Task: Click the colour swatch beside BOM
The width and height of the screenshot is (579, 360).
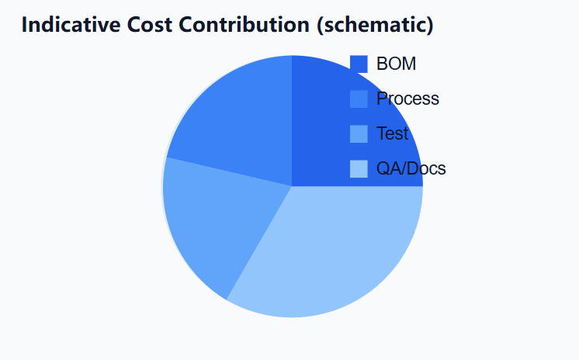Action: pyautogui.click(x=359, y=64)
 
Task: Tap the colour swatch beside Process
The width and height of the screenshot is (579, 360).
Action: pyautogui.click(x=359, y=99)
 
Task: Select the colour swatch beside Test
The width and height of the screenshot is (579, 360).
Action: pyautogui.click(x=359, y=133)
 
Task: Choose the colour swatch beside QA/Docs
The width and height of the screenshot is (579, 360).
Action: pyautogui.click(x=359, y=168)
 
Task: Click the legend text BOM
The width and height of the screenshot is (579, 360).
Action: pyautogui.click(x=396, y=64)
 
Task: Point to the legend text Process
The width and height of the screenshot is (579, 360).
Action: pyautogui.click(x=407, y=99)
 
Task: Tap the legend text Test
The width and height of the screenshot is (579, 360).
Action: pyautogui.click(x=392, y=133)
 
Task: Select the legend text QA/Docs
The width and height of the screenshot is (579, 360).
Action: pyautogui.click(x=411, y=168)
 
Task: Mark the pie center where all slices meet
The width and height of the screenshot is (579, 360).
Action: pyautogui.click(x=292, y=186)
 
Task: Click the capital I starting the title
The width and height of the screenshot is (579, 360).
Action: pyautogui.click(x=25, y=25)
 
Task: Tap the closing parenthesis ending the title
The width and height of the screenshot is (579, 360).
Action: pyautogui.click(x=429, y=25)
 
